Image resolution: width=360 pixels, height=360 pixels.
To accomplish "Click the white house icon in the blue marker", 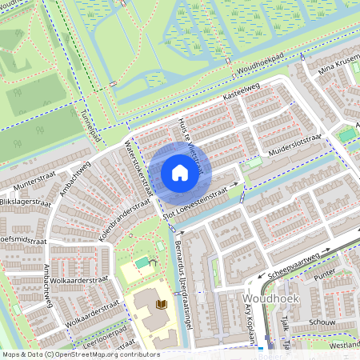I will click(x=179, y=173).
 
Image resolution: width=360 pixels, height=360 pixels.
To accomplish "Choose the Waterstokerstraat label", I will click(x=138, y=163).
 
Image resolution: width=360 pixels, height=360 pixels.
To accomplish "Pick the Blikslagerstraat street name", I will click(x=25, y=204).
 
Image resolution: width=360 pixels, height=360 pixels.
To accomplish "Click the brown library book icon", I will click(x=162, y=304).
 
